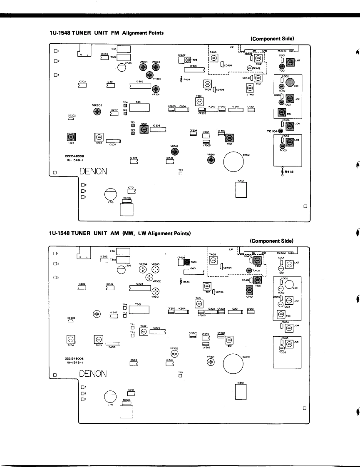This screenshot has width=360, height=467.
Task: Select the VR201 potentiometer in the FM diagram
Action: (97, 111)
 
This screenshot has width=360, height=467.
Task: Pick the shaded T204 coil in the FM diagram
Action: (71, 137)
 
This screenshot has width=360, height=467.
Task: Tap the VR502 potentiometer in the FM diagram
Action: (175, 152)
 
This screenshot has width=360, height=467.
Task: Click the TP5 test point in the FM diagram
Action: (181, 174)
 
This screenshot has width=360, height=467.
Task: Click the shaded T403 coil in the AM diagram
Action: (187, 262)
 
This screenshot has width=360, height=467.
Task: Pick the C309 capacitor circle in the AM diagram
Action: (122, 270)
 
